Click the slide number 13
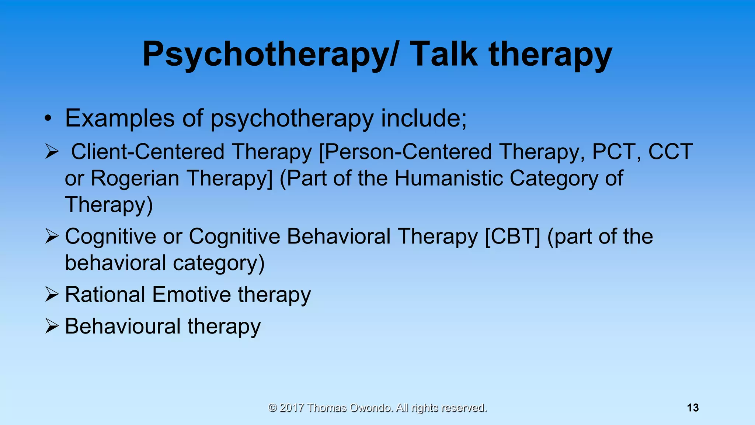click(x=693, y=408)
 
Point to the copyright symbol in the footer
click(x=272, y=408)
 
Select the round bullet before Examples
click(x=47, y=119)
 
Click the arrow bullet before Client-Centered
click(x=52, y=152)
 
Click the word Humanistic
click(x=449, y=178)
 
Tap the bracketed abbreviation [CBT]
click(x=512, y=236)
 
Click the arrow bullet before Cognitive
click(x=52, y=236)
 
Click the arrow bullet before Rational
click(x=52, y=294)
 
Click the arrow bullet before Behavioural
click(x=52, y=326)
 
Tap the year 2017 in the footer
click(x=292, y=408)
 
